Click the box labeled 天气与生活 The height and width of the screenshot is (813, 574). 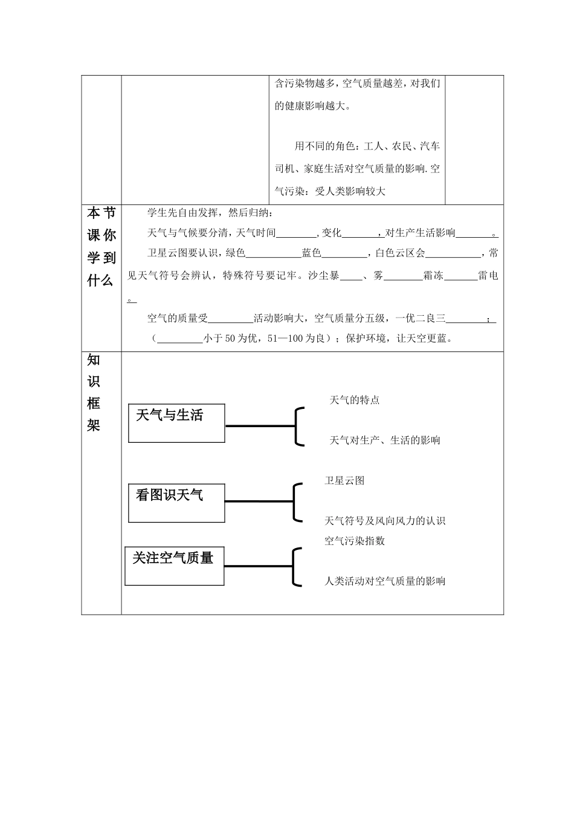176,423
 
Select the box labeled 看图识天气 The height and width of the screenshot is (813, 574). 176,503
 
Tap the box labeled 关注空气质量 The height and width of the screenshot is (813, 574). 174,566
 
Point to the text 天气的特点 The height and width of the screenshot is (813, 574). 355,400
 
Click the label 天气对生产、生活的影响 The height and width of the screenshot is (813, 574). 384,440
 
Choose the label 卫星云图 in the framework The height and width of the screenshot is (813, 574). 344,481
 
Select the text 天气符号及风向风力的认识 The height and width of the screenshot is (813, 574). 384,521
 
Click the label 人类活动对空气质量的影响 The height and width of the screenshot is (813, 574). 384,581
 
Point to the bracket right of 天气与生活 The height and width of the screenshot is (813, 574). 298,426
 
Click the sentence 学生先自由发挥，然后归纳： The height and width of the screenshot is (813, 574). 210,213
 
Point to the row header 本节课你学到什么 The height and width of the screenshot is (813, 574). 102,247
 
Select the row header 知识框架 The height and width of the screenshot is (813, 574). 94,393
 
